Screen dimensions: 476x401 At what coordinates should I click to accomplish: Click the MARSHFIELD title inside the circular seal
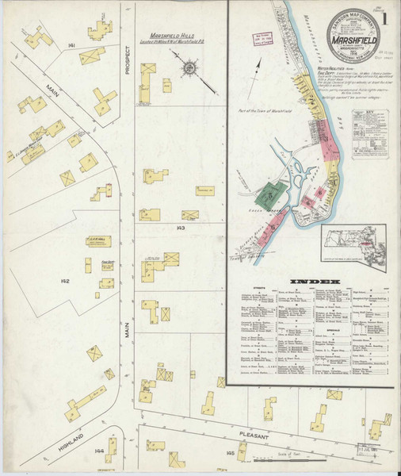[352, 34]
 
